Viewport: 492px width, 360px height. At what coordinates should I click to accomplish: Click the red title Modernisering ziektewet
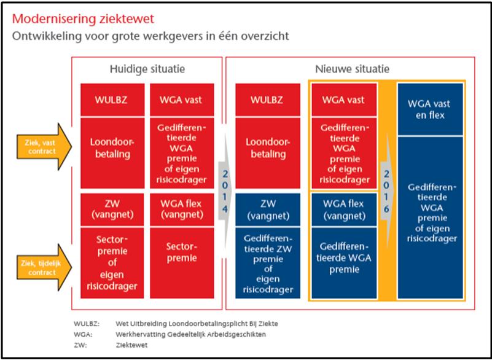[83, 19]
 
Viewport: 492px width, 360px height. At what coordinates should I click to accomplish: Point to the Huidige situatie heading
[147, 69]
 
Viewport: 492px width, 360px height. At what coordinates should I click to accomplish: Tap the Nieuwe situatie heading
[352, 69]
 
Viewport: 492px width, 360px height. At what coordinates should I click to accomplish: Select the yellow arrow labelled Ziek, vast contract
[44, 147]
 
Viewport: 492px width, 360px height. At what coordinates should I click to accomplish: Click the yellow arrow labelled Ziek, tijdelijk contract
[44, 268]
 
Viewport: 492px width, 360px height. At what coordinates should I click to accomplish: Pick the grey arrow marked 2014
[225, 191]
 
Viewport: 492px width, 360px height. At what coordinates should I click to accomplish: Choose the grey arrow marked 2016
[386, 191]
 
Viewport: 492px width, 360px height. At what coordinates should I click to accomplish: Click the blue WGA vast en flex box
[430, 109]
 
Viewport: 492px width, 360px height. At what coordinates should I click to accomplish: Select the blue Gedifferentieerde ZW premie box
[268, 263]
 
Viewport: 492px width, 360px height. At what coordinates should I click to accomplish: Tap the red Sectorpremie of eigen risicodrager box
[112, 263]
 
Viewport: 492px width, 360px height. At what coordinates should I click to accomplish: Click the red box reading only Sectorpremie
[182, 263]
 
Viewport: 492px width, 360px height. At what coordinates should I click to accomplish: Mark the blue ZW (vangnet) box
[268, 209]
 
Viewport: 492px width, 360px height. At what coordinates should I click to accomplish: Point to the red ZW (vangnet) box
[112, 209]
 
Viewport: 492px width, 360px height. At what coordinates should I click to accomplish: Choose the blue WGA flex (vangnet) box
[344, 209]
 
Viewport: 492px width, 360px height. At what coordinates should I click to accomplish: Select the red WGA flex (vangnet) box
[182, 209]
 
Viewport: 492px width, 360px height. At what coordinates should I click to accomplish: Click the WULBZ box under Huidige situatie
[112, 100]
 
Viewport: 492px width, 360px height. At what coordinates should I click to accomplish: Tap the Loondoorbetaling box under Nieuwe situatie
[268, 153]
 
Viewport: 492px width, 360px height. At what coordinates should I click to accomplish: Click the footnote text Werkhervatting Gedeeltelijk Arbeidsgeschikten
[190, 335]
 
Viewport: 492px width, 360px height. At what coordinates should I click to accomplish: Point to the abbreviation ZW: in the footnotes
[80, 345]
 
